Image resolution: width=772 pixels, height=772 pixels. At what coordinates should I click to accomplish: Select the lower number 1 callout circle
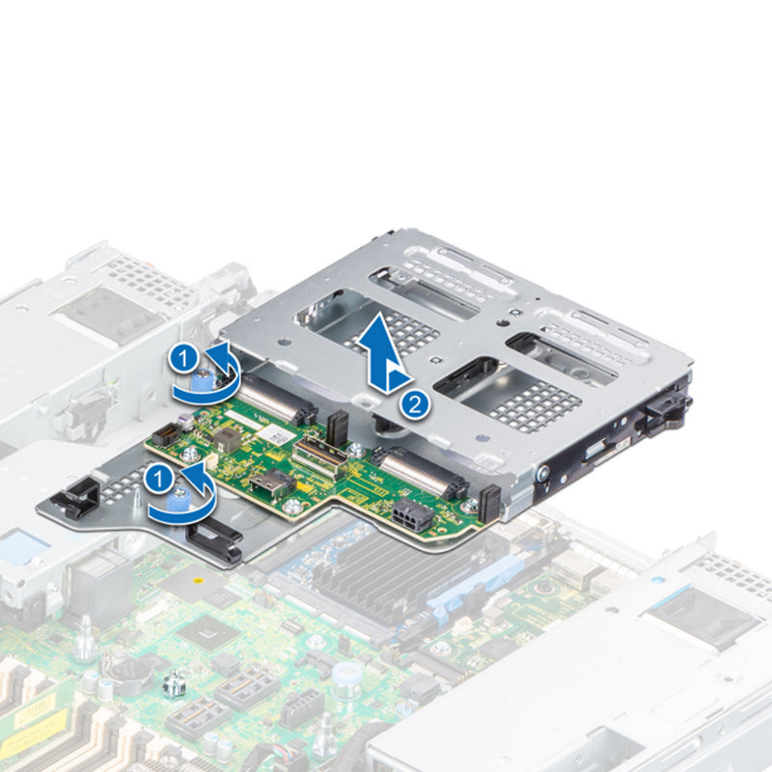(x=155, y=478)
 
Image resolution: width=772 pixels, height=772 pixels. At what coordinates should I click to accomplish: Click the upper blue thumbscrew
(x=203, y=380)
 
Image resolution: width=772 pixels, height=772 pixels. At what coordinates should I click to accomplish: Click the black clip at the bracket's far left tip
(x=71, y=494)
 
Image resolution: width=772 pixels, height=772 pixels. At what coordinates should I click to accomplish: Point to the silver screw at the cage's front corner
(x=544, y=472)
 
